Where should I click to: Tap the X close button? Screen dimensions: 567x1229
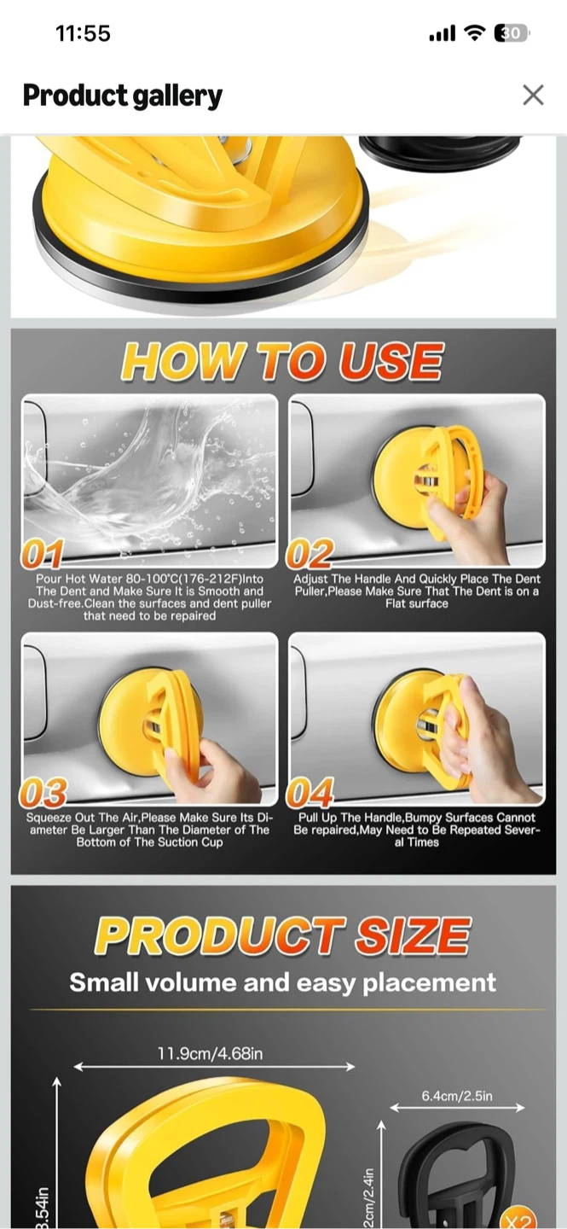click(x=533, y=95)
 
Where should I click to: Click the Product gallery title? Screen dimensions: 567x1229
click(x=123, y=96)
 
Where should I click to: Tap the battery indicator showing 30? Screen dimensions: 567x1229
click(x=511, y=33)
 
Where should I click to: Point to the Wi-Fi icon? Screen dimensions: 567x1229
click(x=475, y=33)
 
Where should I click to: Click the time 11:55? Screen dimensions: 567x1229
click(x=83, y=33)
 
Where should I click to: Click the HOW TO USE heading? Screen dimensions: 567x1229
click(x=282, y=361)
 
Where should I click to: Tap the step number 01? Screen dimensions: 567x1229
click(x=43, y=555)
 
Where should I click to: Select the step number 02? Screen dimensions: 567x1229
click(x=310, y=555)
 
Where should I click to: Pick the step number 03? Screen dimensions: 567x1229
click(x=43, y=793)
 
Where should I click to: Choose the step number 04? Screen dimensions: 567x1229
click(x=310, y=793)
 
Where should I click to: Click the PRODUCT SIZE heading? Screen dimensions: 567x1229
click(x=283, y=936)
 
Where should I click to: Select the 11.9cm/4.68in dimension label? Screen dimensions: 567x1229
click(x=211, y=1053)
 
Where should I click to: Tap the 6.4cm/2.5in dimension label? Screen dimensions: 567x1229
click(x=457, y=1096)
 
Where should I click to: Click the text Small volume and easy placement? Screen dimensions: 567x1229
click(x=283, y=982)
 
